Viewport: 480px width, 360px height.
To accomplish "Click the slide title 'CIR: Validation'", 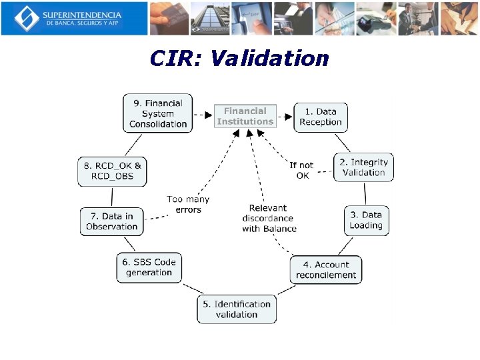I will (x=239, y=58).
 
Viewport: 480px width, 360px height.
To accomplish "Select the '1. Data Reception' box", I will (x=321, y=117).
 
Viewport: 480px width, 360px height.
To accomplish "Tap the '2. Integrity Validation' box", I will (x=363, y=167).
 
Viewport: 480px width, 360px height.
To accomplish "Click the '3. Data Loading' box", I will (x=366, y=220).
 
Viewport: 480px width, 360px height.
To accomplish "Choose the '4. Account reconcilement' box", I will (x=326, y=270).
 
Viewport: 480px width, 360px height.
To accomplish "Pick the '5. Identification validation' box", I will (x=237, y=309).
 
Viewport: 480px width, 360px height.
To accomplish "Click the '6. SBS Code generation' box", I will (x=149, y=267).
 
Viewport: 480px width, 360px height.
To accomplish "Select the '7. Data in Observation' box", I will (x=112, y=221).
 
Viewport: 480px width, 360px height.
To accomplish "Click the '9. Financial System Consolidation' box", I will (x=158, y=113).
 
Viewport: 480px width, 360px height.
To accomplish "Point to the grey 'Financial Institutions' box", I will (x=245, y=117).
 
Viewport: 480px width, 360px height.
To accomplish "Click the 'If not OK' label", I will (x=301, y=170).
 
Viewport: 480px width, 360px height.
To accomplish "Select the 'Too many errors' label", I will (x=188, y=205).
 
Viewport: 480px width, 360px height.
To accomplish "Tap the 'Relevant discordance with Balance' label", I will (x=269, y=218).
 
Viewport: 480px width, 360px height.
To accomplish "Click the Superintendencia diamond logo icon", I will (x=27, y=18).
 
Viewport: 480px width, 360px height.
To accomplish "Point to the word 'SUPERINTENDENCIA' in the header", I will (x=81, y=14).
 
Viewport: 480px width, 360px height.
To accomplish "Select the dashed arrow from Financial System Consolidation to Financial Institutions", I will (x=203, y=115).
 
